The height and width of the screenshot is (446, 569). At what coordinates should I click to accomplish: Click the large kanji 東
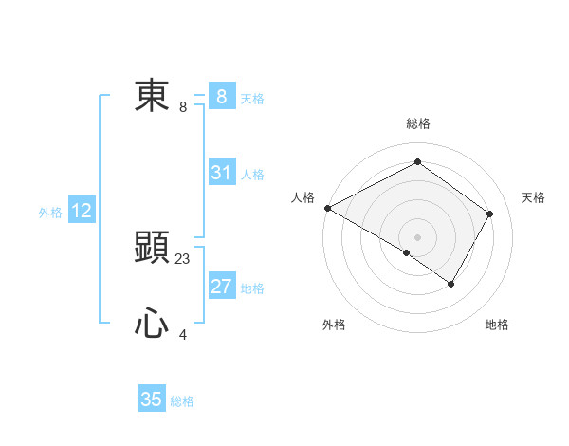(152, 97)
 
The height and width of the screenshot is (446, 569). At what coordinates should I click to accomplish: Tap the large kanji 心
(152, 325)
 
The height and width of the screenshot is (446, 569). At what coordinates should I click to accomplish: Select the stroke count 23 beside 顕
(183, 258)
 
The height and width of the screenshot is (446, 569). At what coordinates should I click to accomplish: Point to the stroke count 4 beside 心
(183, 334)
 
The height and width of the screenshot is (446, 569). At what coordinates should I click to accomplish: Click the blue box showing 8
(221, 97)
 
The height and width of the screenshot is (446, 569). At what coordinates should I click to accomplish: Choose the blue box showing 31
(221, 173)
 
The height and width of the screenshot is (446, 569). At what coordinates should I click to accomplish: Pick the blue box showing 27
(221, 287)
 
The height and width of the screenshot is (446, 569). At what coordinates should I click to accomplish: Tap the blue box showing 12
(82, 211)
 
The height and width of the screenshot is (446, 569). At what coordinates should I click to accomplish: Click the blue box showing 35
(152, 400)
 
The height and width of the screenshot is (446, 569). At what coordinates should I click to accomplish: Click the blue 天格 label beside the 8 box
(252, 98)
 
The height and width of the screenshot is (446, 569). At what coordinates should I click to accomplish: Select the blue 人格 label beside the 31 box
(252, 175)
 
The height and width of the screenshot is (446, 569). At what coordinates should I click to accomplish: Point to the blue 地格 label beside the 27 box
(252, 288)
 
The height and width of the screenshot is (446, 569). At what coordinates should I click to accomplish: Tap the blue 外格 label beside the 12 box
(50, 213)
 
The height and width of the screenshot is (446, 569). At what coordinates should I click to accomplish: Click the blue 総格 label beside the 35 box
(182, 401)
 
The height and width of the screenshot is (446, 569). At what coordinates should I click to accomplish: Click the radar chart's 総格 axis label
(417, 123)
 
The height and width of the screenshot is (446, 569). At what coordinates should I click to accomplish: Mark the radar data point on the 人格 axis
(327, 208)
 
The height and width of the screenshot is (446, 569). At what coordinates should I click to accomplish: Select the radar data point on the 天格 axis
(489, 214)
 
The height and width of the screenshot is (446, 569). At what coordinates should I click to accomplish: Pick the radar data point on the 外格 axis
(407, 252)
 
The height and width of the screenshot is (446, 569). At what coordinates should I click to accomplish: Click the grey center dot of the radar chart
(417, 236)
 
